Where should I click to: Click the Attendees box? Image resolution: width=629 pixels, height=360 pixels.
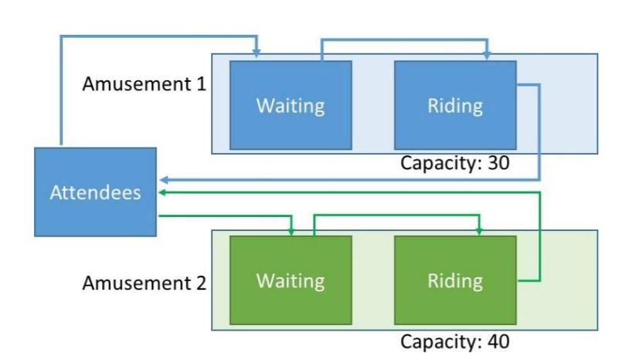[x=95, y=192]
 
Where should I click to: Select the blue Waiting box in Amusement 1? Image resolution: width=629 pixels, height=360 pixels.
[x=291, y=104]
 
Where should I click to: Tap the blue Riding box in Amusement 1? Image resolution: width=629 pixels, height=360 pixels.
[x=455, y=104]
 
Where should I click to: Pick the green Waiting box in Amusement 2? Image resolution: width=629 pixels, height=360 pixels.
[x=291, y=280]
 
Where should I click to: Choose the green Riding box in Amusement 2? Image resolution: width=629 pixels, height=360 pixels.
[x=455, y=280]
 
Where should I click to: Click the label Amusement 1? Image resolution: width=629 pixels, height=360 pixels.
[x=144, y=83]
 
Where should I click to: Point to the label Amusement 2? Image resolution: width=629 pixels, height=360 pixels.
[x=144, y=283]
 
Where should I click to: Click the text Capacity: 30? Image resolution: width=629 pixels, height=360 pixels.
[x=455, y=163]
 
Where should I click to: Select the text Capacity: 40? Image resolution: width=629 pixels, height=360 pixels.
[x=455, y=341]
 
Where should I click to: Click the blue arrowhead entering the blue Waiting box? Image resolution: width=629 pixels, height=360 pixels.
[x=257, y=54]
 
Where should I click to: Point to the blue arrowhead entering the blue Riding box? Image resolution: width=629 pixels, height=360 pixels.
[x=487, y=56]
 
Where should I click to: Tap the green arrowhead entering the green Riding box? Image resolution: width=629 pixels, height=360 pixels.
[x=479, y=231]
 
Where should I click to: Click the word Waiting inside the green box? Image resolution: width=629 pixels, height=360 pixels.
[x=291, y=280]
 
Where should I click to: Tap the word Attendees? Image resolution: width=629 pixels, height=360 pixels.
[x=95, y=192]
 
